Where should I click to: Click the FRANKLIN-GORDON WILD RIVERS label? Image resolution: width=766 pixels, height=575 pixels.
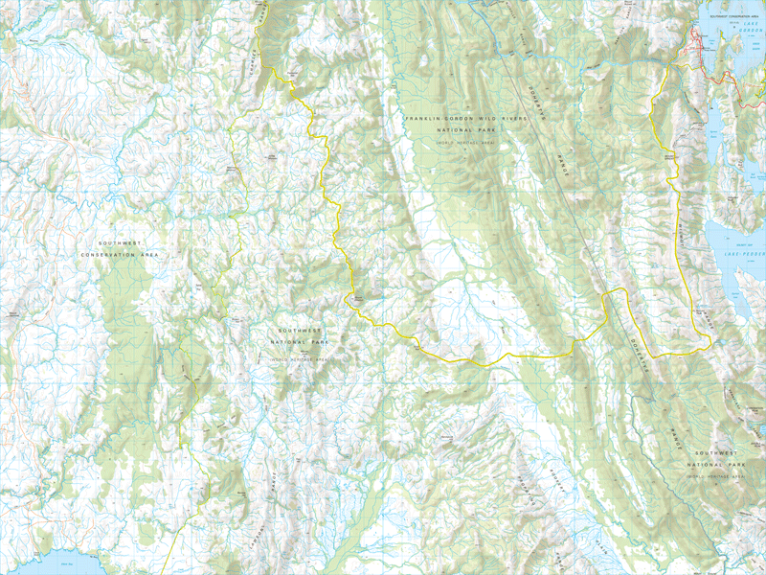[461, 118]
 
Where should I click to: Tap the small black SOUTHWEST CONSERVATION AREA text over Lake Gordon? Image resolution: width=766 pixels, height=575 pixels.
[732, 16]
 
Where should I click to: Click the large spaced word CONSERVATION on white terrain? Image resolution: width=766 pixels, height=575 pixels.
[120, 255]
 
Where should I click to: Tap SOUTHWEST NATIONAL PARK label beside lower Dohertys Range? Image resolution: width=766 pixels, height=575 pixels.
[715, 463]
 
